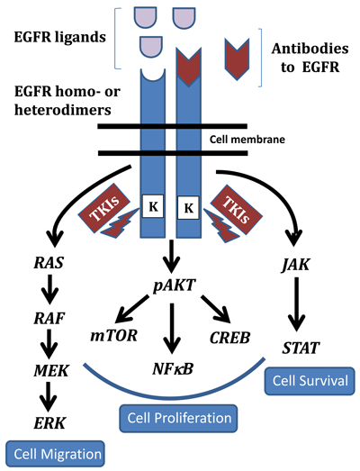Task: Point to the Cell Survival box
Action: tap(307, 381)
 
